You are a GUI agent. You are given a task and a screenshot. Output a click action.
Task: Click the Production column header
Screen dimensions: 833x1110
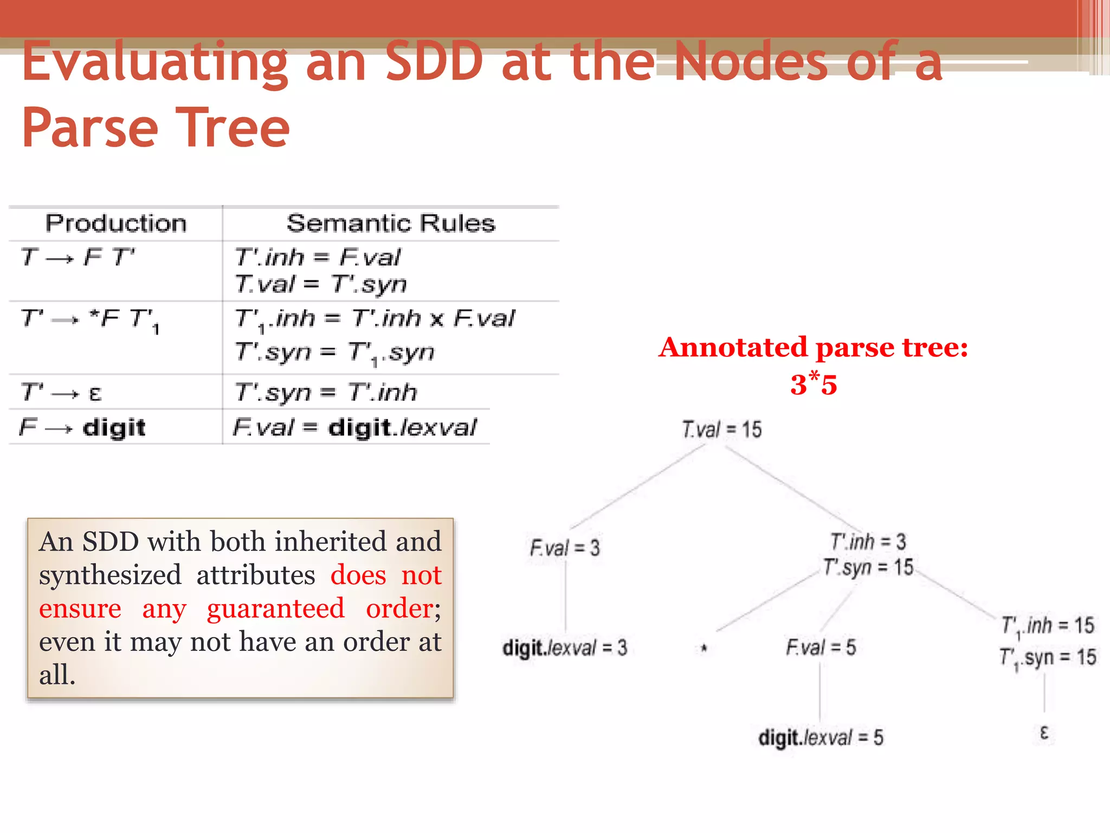pos(116,223)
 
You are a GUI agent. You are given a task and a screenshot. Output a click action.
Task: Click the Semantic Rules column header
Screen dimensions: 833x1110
pos(391,223)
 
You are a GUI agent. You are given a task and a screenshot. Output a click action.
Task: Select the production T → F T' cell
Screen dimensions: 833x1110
pos(78,257)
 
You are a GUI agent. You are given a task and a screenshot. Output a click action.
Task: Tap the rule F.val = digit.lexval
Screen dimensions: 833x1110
pos(354,428)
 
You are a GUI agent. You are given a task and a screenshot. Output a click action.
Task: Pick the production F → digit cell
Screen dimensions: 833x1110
pos(82,428)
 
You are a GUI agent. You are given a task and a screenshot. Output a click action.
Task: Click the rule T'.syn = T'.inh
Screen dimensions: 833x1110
pos(326,392)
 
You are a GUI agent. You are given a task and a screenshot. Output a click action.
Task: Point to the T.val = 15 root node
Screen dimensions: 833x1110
pos(721,430)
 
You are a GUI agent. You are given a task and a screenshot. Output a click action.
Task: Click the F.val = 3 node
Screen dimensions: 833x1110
pos(565,548)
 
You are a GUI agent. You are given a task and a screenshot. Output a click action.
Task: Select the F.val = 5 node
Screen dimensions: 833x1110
pos(821,647)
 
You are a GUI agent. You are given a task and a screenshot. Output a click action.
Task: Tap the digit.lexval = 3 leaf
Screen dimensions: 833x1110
pos(565,648)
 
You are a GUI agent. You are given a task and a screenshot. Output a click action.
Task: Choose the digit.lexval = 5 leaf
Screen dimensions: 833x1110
pos(821,738)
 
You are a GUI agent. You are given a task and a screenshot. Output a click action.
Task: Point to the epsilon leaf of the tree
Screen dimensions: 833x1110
pos(1044,733)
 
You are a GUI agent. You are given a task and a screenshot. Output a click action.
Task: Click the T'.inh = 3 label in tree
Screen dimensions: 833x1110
pos(868,541)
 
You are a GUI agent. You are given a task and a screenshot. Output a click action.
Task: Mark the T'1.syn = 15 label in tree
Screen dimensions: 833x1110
pos(1048,658)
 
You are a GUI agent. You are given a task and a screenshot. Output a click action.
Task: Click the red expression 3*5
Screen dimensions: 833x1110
pos(814,384)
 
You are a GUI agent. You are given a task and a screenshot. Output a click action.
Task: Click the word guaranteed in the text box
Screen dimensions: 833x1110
pos(275,608)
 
